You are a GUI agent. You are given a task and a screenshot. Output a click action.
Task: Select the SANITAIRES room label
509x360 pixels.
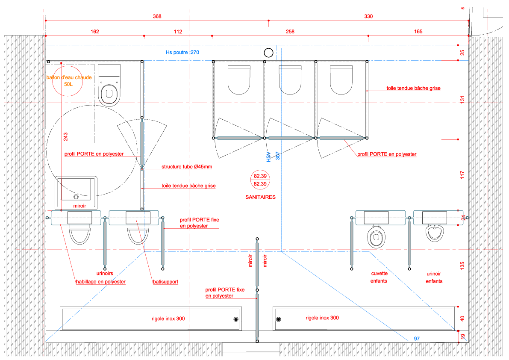pos(260,198)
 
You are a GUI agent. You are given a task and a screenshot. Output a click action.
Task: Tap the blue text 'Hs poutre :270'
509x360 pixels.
pos(182,53)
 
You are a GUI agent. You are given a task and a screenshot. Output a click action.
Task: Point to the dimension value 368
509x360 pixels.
pos(157,17)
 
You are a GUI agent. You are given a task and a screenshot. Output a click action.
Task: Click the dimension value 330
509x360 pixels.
pos(368,17)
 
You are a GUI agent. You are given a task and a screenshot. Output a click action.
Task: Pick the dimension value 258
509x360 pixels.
pos(290,32)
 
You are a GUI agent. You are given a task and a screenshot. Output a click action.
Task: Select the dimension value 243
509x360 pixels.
pos(65,136)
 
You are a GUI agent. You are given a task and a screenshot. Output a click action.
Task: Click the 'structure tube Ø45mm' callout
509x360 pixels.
pos(186,167)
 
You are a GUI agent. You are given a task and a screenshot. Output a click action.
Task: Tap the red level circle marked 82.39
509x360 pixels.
pos(260,180)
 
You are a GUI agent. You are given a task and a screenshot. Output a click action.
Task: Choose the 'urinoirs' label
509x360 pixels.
pos(105,273)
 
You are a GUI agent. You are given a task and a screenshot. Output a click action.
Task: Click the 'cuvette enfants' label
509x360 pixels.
pos(379,277)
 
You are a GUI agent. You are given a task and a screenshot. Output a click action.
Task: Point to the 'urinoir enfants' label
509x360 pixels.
pos(434,277)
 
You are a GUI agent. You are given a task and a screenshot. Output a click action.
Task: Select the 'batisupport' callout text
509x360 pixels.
pos(165,282)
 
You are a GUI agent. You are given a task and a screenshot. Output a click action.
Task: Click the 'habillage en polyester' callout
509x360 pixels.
pos(100,282)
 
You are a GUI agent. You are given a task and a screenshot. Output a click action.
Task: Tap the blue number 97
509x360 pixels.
pos(417,339)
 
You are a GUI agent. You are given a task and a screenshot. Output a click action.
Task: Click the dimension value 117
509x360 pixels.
pos(462,175)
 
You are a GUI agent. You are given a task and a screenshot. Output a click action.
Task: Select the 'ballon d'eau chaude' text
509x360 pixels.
pos(69,78)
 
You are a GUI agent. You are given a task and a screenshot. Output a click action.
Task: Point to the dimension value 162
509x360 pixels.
pos(95,32)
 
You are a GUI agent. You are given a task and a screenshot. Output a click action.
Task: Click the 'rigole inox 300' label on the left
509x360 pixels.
pos(168,319)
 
